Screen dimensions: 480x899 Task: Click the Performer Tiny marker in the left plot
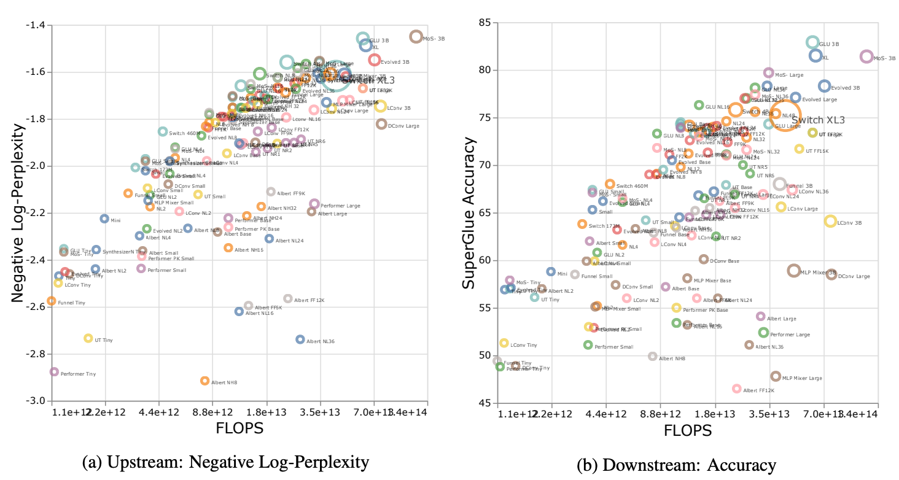click(x=54, y=372)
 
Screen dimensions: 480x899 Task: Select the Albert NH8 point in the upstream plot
click(x=204, y=381)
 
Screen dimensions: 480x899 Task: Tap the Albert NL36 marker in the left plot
click(x=300, y=339)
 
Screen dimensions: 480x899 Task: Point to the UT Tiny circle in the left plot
click(x=88, y=338)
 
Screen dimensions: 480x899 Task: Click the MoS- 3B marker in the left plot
click(x=416, y=37)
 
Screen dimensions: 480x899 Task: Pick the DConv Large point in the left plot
click(x=381, y=124)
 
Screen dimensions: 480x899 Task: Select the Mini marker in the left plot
click(x=104, y=219)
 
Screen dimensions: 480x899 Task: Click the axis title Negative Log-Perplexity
click(x=18, y=212)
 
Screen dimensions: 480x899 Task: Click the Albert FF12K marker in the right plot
click(x=736, y=389)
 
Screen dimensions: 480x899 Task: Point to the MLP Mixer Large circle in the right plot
click(x=776, y=376)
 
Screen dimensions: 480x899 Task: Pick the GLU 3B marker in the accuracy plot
click(x=812, y=42)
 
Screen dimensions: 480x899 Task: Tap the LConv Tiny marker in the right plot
click(x=504, y=343)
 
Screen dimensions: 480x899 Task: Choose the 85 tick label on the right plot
click(x=483, y=23)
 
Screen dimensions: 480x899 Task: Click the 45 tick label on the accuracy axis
click(x=483, y=403)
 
